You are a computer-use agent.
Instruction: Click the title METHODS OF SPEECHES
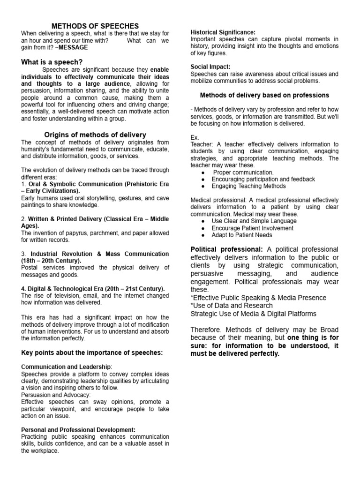[95, 26]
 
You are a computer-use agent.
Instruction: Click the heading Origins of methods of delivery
[95, 135]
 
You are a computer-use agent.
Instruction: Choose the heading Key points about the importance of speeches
[91, 352]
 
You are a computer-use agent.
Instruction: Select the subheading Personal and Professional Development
[78, 429]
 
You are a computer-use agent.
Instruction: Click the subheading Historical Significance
[223, 32]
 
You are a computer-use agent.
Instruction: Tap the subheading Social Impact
[210, 67]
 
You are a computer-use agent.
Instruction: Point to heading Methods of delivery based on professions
[264, 95]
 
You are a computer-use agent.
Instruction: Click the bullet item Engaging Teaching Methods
[248, 186]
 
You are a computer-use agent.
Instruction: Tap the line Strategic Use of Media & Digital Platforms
[253, 314]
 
